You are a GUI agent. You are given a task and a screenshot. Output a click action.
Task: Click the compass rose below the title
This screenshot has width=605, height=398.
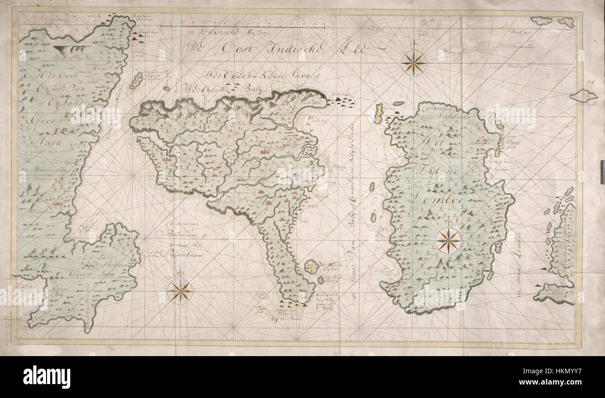coord(413,62)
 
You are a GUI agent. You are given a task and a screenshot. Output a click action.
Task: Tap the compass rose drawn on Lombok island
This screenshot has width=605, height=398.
coord(448,241)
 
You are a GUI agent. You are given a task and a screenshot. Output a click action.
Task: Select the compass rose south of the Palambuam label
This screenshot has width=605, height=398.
coord(180,291)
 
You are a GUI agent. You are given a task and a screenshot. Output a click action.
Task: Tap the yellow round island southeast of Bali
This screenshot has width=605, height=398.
coord(311,267)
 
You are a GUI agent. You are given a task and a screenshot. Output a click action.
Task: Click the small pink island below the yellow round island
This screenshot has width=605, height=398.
coord(321,280)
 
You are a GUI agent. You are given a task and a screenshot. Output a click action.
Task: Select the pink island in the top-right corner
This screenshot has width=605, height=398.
coord(566,22)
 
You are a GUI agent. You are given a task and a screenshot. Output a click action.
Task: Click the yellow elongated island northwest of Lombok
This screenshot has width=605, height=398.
coord(378,113)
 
